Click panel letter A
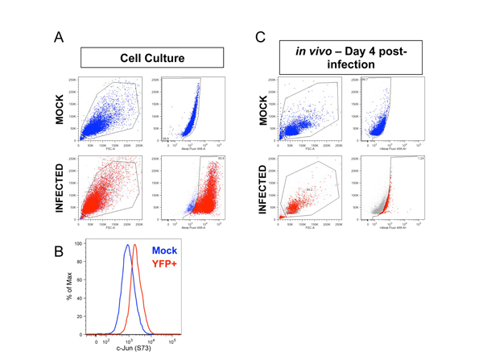[58, 37]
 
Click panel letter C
[260, 37]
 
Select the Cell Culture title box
[152, 58]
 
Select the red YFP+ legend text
[163, 264]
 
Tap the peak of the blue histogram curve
[127, 246]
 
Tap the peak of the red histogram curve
[135, 246]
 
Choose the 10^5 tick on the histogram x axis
[171, 341]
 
